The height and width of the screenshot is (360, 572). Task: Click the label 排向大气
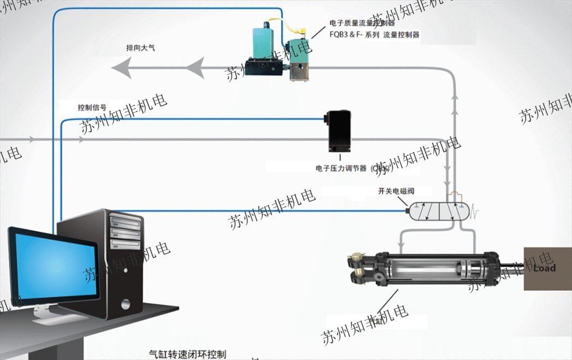pos(140,49)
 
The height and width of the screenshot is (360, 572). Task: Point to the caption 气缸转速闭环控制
pos(187,354)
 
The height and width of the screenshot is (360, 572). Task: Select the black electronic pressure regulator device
pos(339,131)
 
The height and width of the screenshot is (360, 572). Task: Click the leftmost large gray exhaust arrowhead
pos(122,68)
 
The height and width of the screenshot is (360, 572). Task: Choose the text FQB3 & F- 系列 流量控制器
pos(374,34)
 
